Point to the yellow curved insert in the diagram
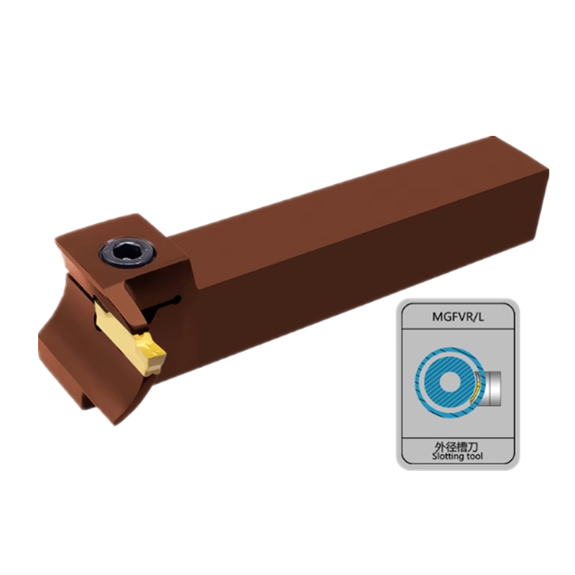474,394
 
